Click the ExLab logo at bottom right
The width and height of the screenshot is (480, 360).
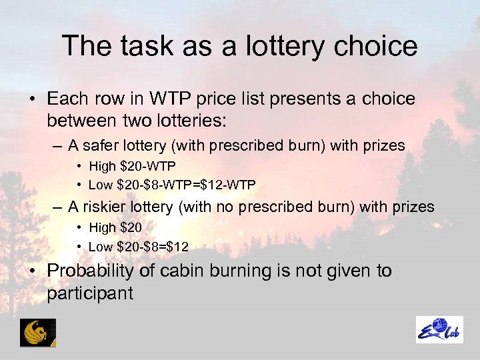(x=439, y=330)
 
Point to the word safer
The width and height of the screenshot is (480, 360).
(x=99, y=145)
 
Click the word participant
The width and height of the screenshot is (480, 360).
(x=90, y=293)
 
